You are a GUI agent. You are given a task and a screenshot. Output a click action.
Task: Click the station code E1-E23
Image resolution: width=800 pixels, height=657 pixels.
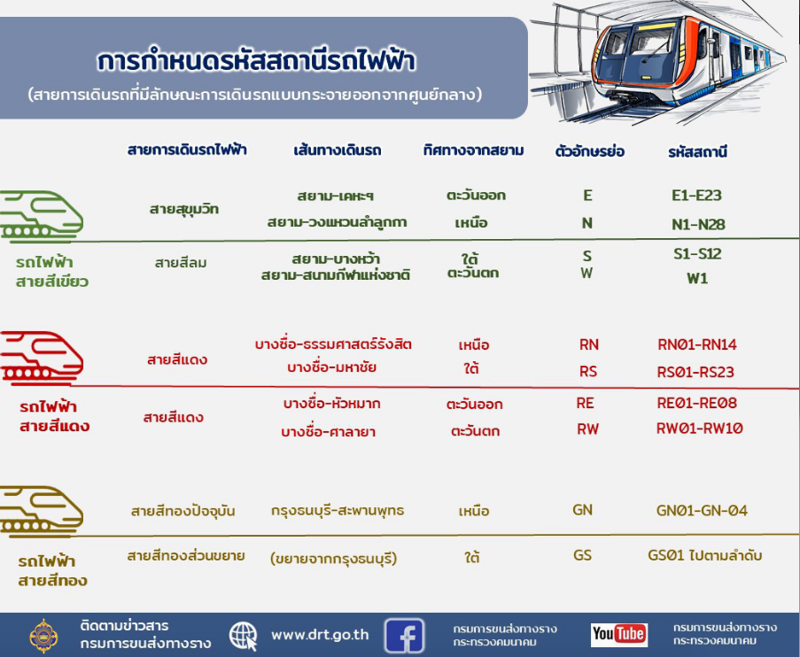click(696, 196)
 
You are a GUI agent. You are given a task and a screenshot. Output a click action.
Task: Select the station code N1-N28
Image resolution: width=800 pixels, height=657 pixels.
click(698, 224)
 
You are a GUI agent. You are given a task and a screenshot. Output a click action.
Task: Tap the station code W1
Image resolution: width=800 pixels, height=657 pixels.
click(697, 279)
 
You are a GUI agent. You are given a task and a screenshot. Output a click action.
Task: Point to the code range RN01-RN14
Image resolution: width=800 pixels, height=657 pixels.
click(697, 344)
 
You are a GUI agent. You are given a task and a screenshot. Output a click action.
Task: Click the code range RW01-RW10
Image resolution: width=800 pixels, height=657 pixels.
click(700, 429)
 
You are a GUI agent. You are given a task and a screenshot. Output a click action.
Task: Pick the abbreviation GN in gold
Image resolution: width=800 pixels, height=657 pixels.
click(583, 510)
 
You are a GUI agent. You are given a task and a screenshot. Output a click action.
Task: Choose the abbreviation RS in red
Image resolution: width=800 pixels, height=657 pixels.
click(588, 371)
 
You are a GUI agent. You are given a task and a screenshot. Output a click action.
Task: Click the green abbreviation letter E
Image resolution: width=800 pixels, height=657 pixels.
click(587, 196)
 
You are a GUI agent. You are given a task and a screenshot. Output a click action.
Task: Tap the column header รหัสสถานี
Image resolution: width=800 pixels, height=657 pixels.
click(697, 151)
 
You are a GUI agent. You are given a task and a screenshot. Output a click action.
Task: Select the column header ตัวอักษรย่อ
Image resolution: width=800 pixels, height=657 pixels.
click(590, 151)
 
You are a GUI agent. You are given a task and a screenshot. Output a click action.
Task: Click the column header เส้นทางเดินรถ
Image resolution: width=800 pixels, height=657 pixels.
click(338, 151)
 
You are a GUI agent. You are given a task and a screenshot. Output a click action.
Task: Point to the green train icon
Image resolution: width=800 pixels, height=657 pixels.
click(42, 216)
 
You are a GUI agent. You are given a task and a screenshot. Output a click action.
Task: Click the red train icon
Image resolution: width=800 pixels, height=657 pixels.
click(42, 358)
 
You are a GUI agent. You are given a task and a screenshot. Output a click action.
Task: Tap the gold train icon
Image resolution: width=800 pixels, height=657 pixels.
click(42, 512)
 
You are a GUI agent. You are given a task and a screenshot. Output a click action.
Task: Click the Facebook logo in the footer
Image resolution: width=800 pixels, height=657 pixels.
click(404, 635)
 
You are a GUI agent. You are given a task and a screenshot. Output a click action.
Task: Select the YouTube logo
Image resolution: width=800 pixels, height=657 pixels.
click(619, 635)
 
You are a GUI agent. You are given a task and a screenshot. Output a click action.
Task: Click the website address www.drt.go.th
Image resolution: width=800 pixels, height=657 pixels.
click(320, 635)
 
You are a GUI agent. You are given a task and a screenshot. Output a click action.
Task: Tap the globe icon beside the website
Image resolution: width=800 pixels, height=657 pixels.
click(244, 636)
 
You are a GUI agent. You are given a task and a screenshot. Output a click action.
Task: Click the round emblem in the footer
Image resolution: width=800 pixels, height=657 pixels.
click(43, 636)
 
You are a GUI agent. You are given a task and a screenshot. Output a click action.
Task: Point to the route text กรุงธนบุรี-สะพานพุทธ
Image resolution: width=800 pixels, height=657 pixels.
click(338, 511)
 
